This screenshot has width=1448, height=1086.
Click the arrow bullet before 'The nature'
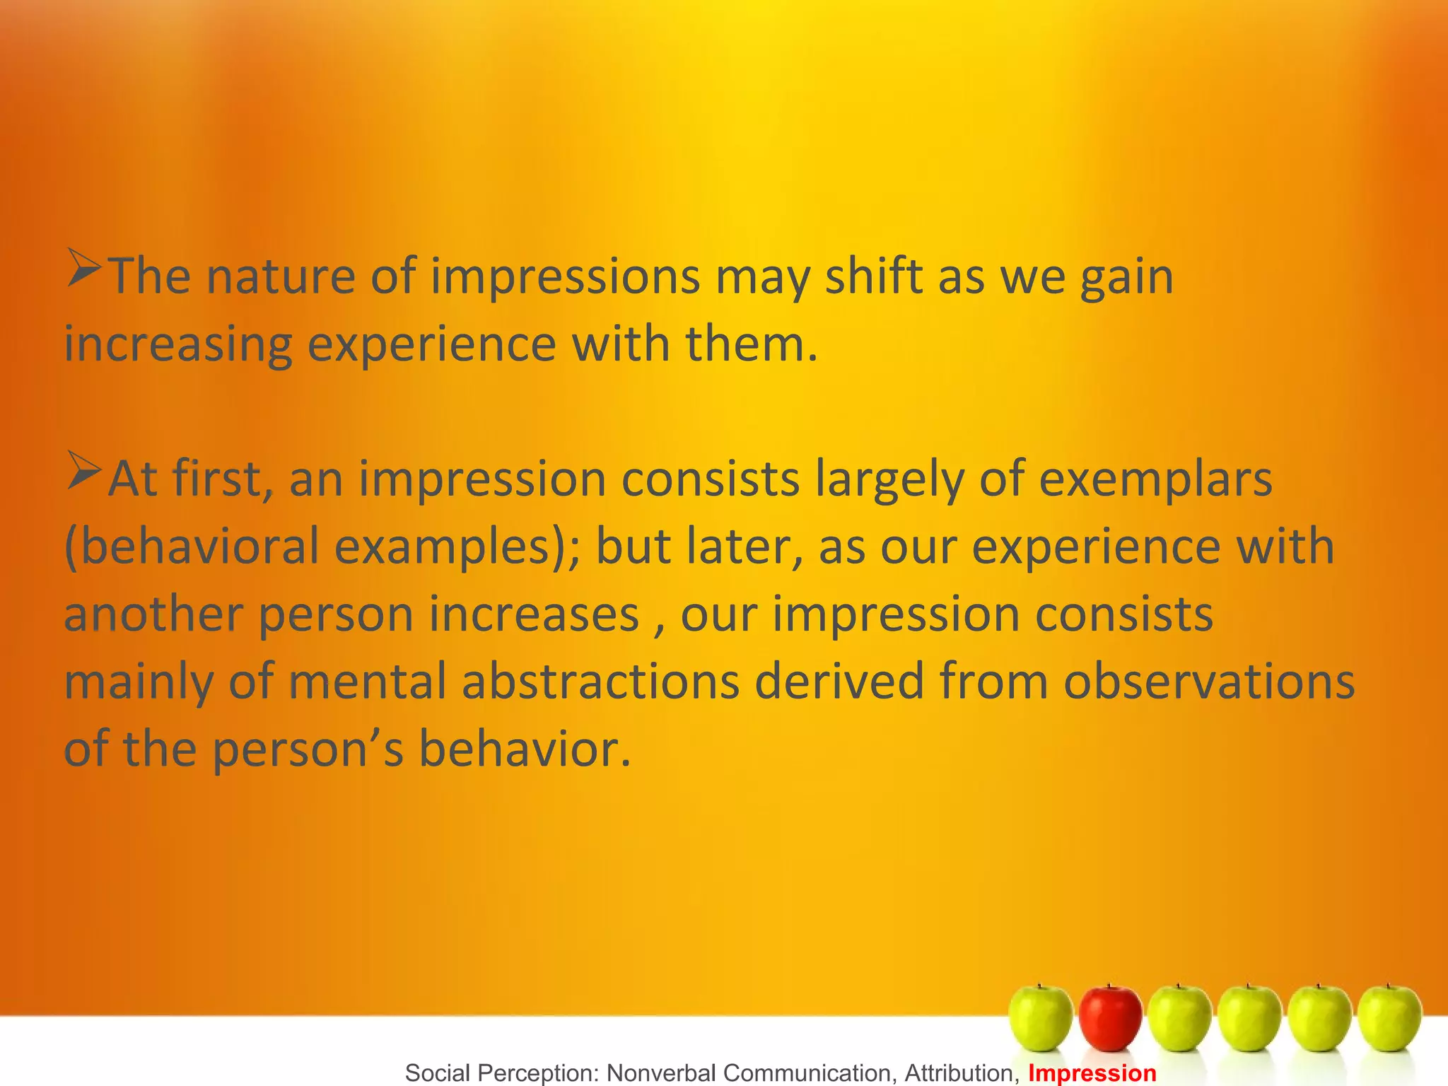tap(84, 269)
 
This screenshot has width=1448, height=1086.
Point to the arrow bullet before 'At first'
tap(84, 472)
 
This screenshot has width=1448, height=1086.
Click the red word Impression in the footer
tap(1092, 1073)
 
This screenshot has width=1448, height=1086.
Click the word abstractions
tap(600, 682)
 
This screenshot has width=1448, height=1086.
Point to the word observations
tap(1209, 682)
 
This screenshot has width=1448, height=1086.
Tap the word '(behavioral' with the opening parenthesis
tap(192, 547)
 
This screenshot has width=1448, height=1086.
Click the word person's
tap(308, 749)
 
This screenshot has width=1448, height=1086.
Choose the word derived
tap(839, 682)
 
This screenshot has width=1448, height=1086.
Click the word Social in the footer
tap(438, 1073)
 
